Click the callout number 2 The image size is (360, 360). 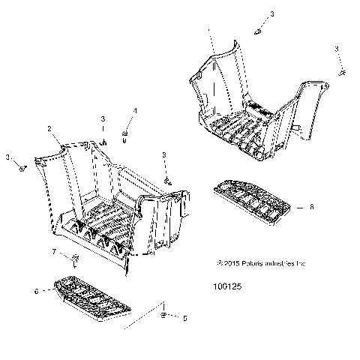click(50, 129)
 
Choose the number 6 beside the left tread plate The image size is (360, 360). click(36, 290)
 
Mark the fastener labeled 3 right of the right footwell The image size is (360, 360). click(342, 71)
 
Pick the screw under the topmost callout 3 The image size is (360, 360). click(259, 31)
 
